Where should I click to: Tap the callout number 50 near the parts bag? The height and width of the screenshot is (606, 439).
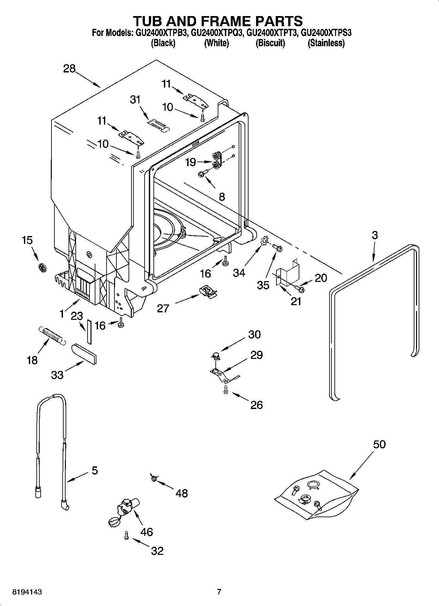pos(379,444)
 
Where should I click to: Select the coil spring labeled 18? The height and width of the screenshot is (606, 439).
pos(51,335)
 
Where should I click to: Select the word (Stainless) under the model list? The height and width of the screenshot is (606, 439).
pos(326,43)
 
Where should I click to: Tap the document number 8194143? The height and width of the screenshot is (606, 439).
pos(27,592)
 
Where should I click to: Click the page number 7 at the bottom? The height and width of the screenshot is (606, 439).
pos(219,592)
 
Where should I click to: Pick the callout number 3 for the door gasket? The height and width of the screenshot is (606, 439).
pos(374,235)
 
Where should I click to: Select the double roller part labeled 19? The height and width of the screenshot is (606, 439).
pos(216,160)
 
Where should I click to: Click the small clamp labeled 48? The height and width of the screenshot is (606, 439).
pos(153,479)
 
